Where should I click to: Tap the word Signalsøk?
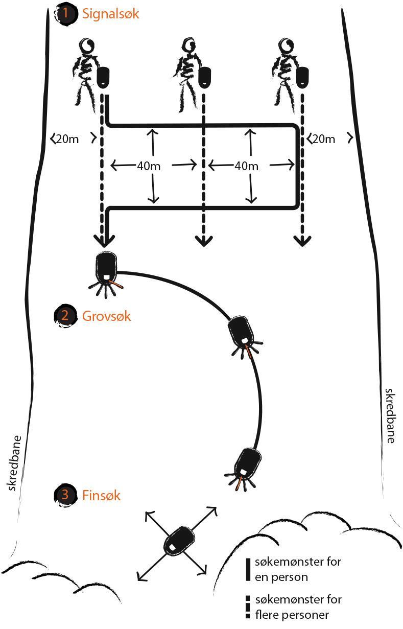click(110, 13)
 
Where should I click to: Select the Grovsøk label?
click(106, 316)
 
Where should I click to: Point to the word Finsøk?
click(101, 495)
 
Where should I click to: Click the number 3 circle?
click(64, 495)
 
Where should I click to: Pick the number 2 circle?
click(64, 316)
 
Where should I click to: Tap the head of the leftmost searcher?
click(88, 47)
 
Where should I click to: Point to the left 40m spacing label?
click(148, 166)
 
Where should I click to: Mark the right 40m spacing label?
click(246, 166)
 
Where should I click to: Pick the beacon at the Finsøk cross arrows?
click(178, 540)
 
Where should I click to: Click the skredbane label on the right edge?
click(391, 415)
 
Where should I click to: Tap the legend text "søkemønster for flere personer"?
click(292, 607)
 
